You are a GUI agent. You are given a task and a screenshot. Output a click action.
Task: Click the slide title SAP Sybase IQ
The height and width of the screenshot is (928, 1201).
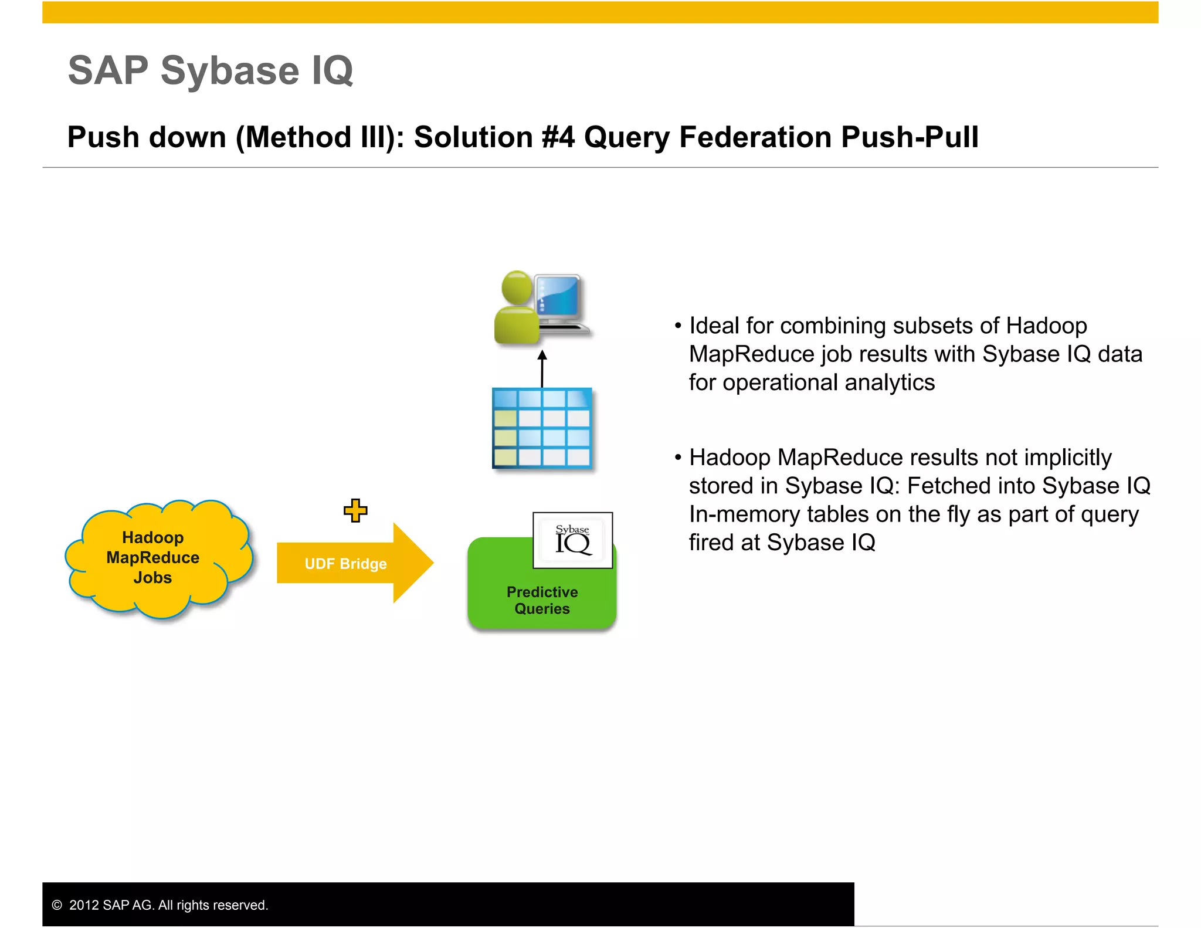click(211, 70)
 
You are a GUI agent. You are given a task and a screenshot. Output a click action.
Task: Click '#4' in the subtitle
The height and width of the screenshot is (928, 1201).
click(558, 137)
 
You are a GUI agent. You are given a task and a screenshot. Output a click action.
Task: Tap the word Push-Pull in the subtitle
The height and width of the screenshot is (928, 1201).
click(909, 137)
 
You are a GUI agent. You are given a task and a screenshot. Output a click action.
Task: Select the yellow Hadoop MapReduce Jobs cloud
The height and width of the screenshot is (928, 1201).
click(153, 558)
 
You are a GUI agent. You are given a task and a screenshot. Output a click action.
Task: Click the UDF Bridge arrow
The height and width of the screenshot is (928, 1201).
click(346, 564)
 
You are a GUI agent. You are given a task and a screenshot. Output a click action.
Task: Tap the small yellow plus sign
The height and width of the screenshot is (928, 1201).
click(355, 510)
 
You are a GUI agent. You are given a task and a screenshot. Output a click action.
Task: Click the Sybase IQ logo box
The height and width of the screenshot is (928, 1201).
click(572, 540)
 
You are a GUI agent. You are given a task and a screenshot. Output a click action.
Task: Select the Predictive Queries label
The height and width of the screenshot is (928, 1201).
click(542, 600)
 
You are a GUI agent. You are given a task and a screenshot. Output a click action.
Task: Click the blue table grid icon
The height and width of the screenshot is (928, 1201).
click(542, 428)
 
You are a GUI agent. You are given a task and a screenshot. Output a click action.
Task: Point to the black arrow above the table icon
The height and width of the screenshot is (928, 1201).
click(542, 368)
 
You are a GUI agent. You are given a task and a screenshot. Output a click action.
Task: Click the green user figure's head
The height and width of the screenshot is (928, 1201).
click(517, 287)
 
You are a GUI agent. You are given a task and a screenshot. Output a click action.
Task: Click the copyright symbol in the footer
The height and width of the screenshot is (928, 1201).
click(57, 905)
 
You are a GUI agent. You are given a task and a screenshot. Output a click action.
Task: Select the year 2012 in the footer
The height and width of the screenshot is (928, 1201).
click(84, 905)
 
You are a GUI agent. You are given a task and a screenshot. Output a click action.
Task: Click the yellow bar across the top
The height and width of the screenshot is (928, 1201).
click(600, 12)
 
